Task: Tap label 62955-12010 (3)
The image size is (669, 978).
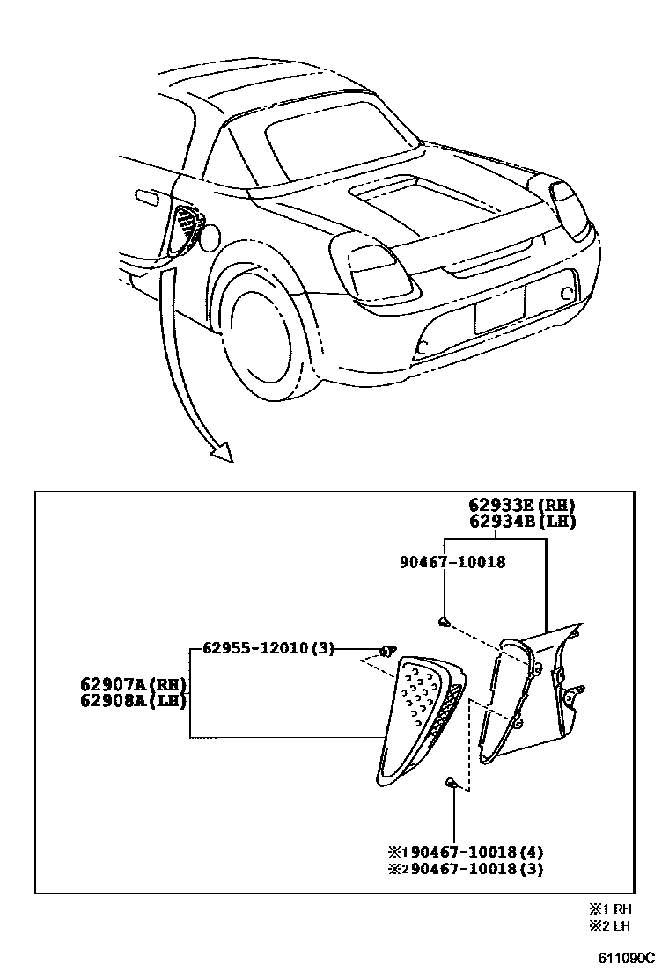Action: [269, 648]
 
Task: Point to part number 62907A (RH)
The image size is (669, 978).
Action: [134, 684]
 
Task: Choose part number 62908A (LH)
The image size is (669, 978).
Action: [134, 701]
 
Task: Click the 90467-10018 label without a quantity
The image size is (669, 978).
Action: [450, 561]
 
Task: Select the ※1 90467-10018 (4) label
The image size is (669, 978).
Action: [466, 851]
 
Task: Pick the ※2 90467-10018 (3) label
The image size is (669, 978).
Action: [466, 869]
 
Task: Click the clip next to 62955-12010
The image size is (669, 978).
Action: [386, 651]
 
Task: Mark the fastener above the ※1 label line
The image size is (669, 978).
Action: [452, 781]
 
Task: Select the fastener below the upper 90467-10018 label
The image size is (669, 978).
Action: [445, 622]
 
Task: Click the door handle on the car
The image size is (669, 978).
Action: [148, 198]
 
